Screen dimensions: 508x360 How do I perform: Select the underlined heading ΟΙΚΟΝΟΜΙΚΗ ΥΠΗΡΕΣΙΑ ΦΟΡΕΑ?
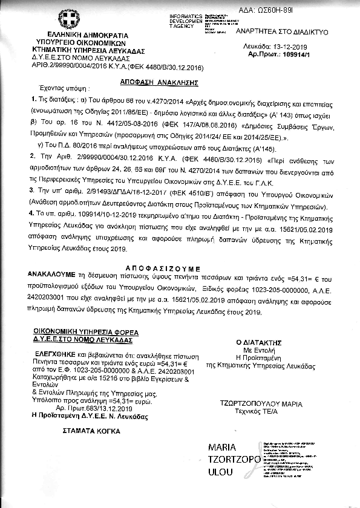(x=86, y=333)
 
